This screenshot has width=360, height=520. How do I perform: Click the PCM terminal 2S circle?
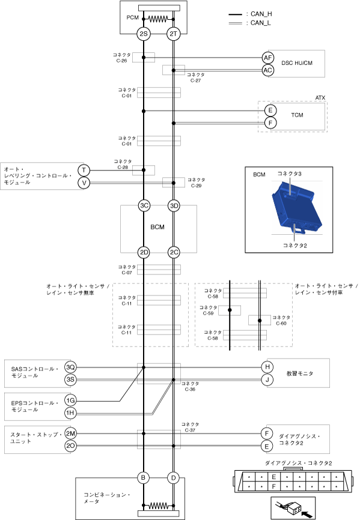[143, 34]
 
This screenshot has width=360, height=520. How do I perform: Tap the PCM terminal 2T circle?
[174, 34]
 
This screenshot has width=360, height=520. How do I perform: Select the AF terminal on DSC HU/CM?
[268, 58]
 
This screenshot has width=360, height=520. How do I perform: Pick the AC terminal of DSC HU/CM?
[268, 70]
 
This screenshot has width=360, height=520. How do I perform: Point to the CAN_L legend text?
[261, 23]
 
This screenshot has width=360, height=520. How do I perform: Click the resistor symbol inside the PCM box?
[158, 19]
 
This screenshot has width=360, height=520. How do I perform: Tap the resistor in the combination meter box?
[158, 506]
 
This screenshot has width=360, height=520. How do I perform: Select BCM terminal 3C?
[144, 205]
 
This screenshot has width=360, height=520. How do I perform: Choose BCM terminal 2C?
[174, 253]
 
